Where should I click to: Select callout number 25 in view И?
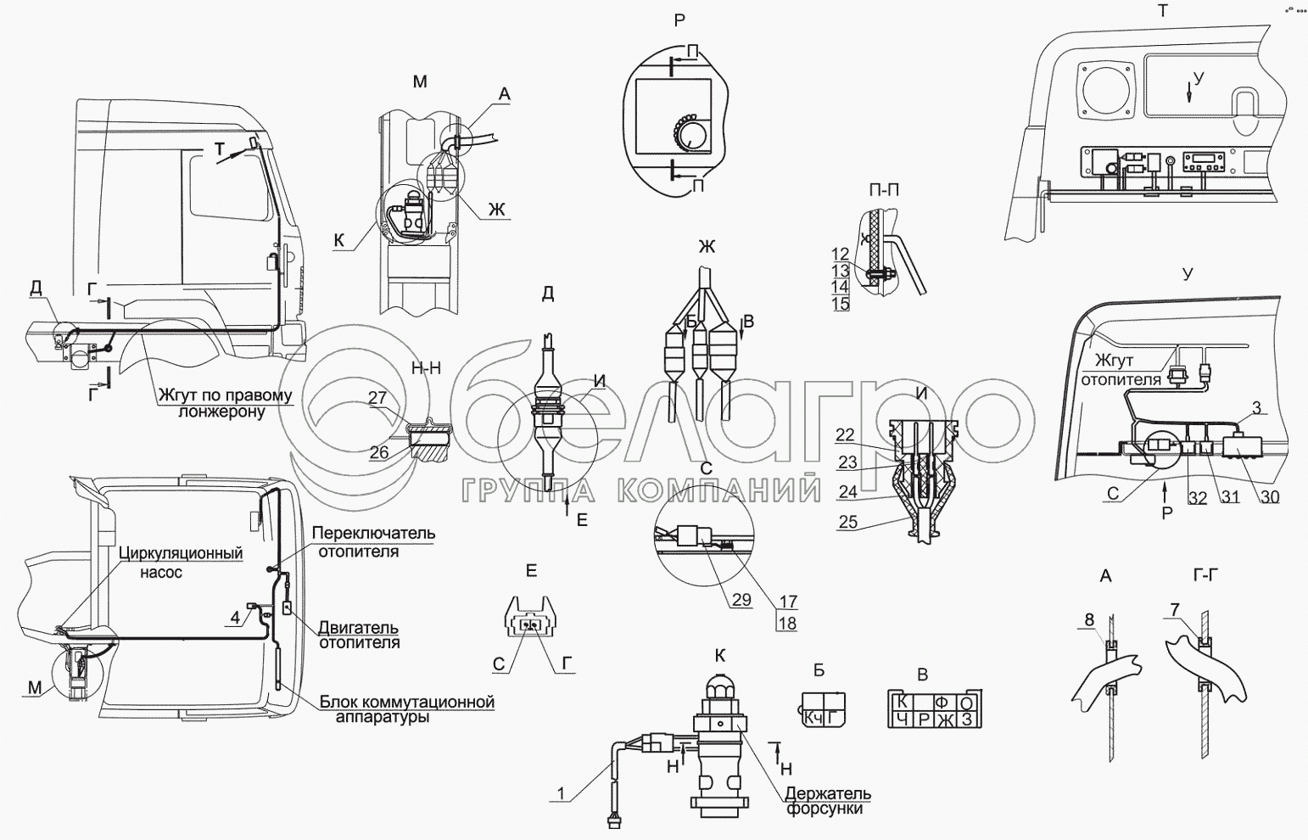coord(848,523)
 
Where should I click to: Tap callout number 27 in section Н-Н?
coord(377,397)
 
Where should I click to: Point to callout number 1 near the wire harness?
coord(560,794)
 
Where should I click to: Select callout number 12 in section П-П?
coord(840,254)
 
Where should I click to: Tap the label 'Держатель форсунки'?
coord(827,801)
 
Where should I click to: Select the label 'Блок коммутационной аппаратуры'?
coord(406,709)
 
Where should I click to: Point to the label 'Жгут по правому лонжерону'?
coord(223,403)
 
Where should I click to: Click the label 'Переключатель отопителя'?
coord(373,541)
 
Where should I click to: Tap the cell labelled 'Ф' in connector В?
coord(941,703)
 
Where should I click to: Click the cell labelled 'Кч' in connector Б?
coord(813,718)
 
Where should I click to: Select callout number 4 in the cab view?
coord(235,617)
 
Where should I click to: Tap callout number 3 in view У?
coord(1256,408)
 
